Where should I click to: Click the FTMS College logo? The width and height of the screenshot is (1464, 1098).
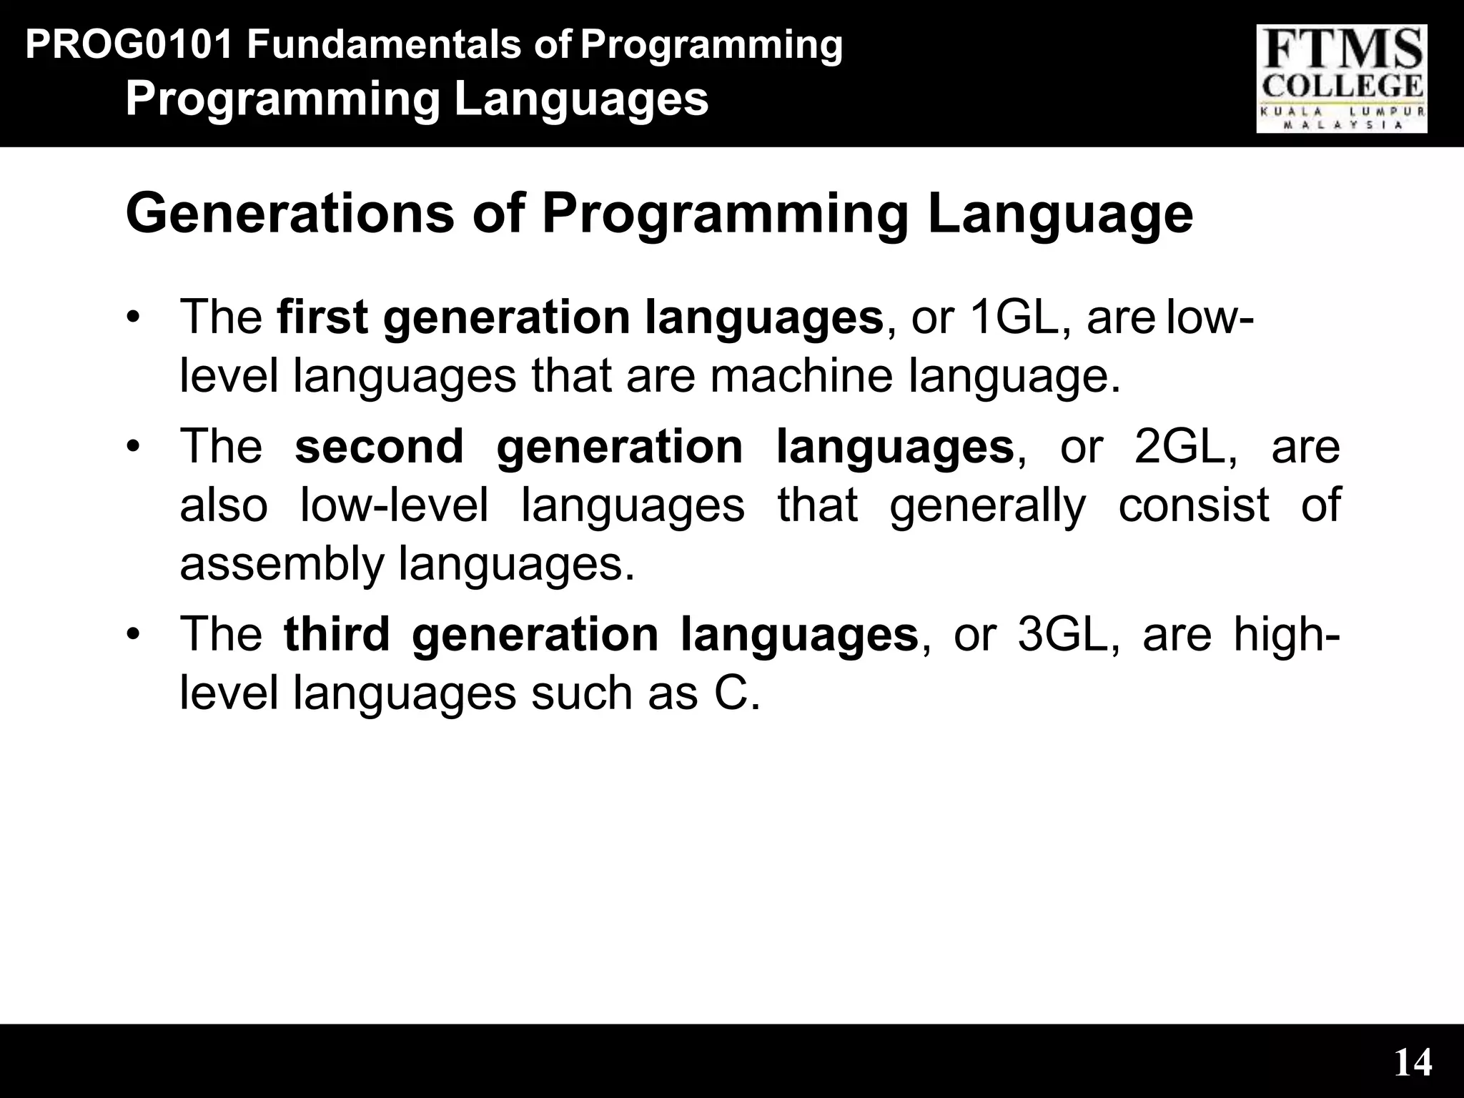click(x=1342, y=79)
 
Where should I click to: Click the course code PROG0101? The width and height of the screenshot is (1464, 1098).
click(x=129, y=45)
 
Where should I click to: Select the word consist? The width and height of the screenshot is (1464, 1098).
click(x=1193, y=505)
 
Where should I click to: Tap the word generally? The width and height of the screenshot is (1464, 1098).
click(x=987, y=506)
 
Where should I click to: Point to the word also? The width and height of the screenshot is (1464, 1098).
click(x=223, y=505)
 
